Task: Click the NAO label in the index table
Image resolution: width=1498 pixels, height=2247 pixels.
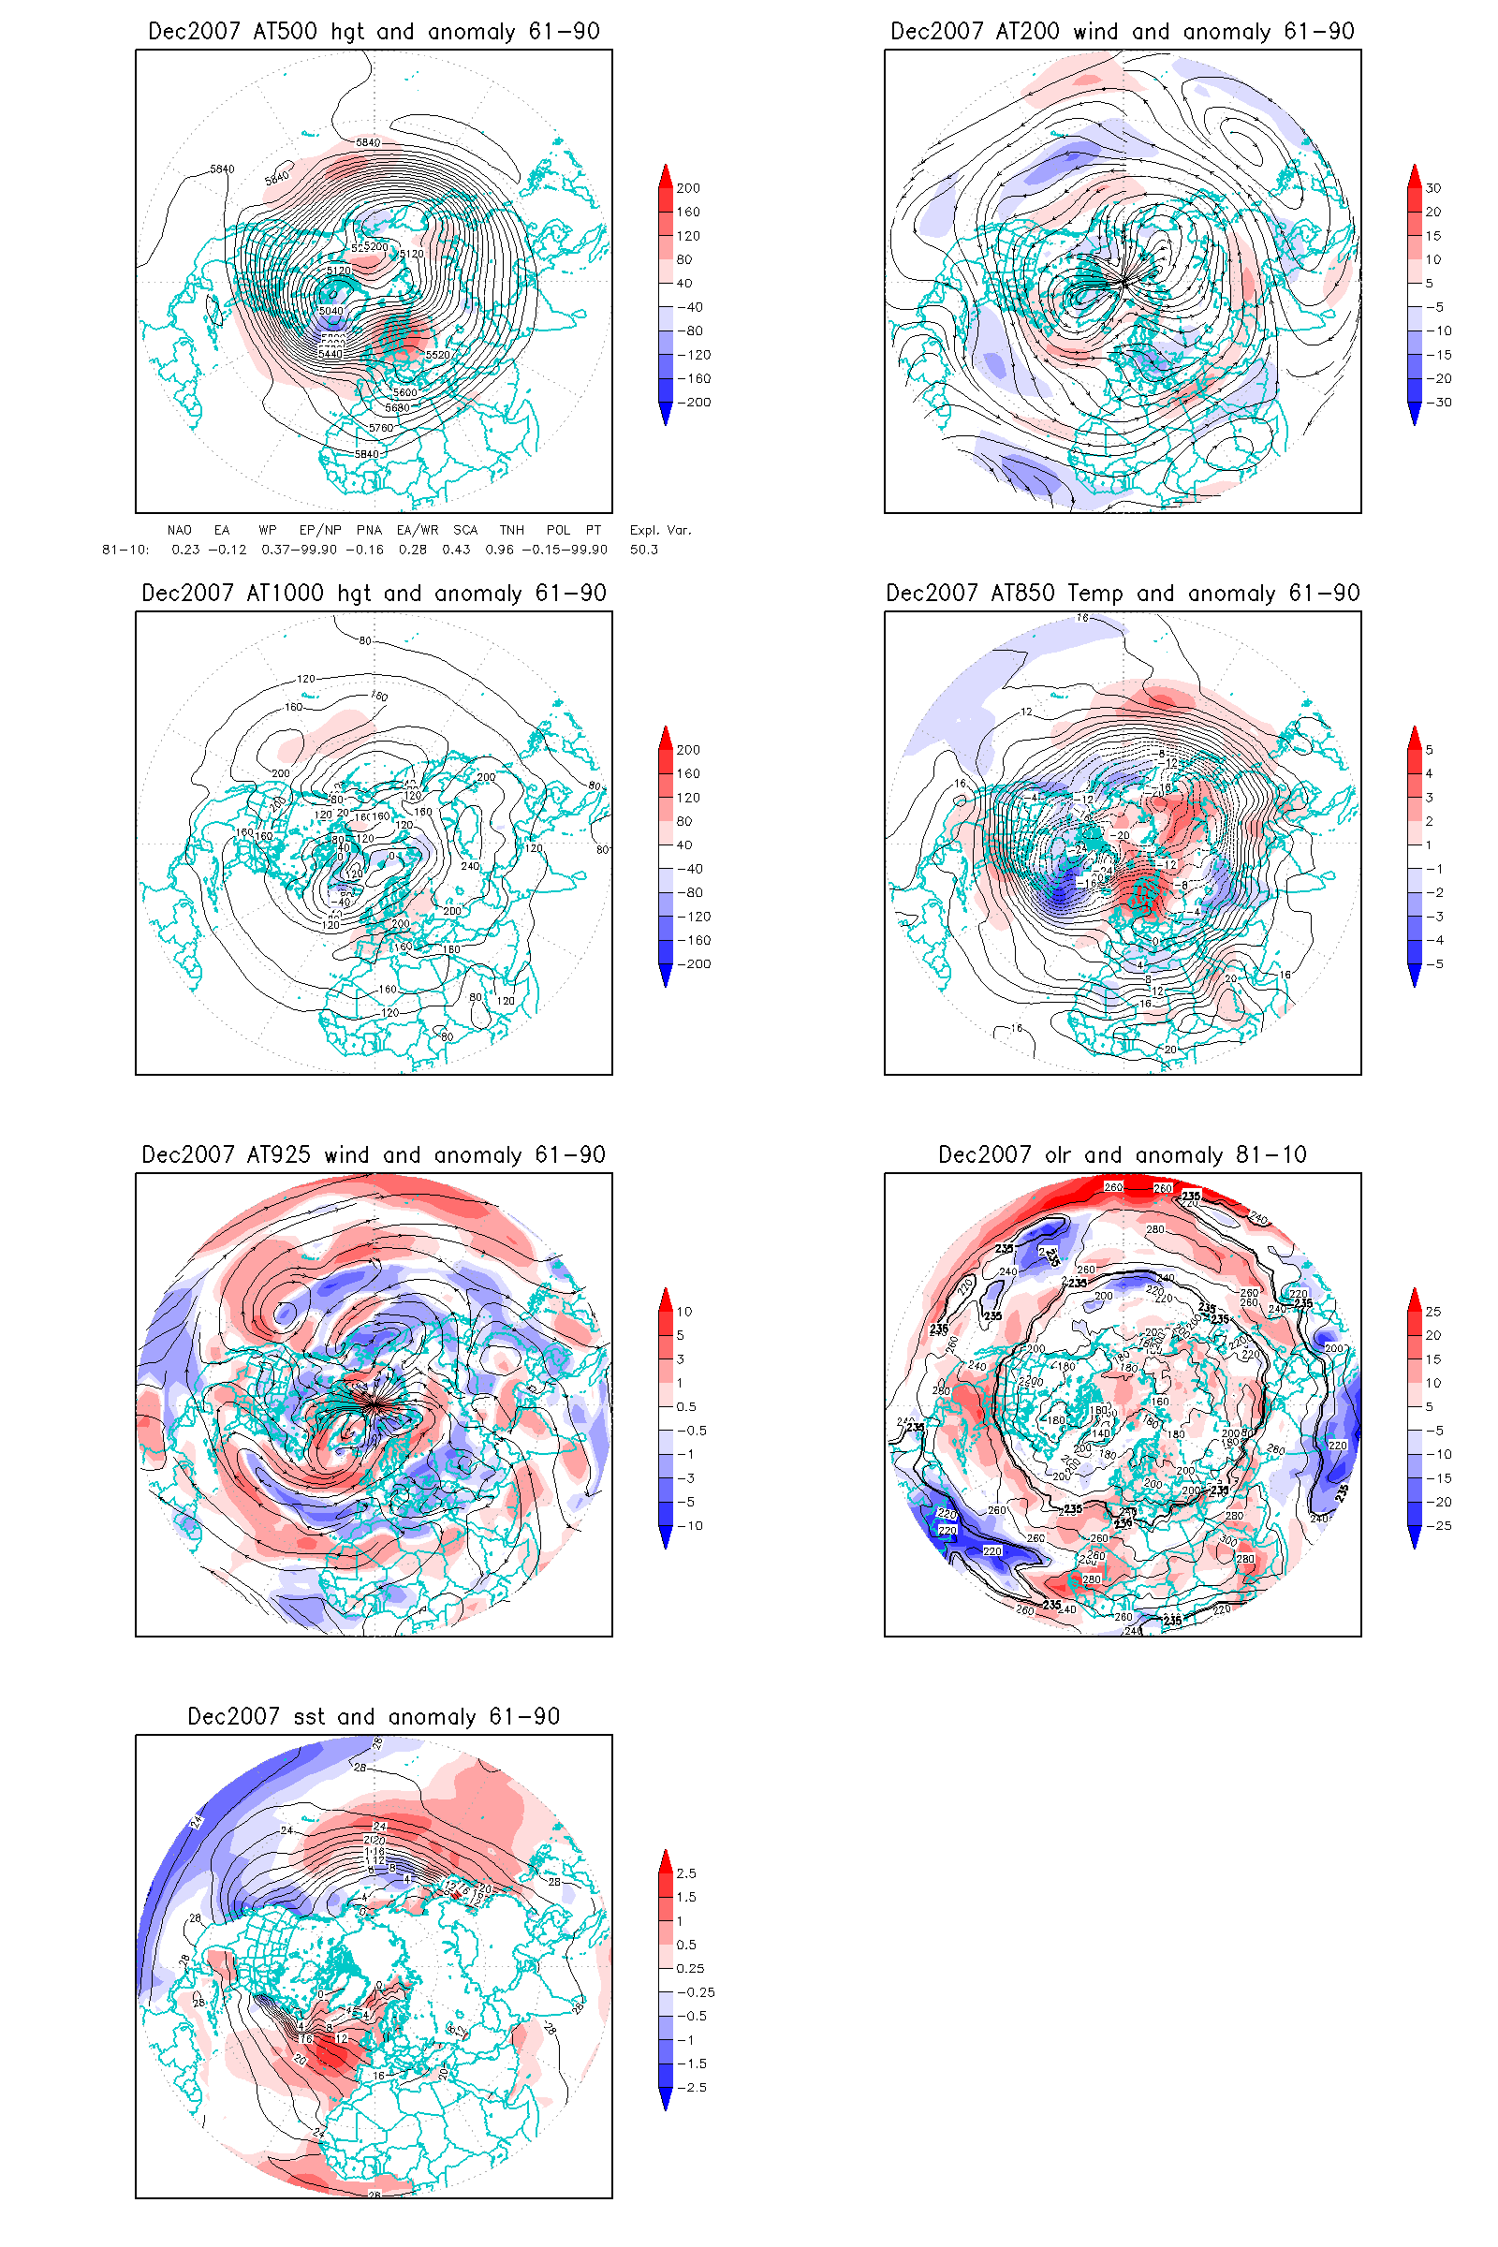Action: (x=179, y=530)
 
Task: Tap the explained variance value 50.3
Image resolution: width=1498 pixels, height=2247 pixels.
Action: (x=644, y=550)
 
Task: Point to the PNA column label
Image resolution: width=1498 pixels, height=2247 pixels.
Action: (x=369, y=530)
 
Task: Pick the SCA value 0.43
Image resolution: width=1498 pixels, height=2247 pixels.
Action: (x=456, y=550)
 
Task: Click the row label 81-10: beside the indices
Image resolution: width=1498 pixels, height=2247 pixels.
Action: (x=125, y=550)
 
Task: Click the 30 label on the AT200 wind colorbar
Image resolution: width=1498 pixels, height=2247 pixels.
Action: (x=1433, y=188)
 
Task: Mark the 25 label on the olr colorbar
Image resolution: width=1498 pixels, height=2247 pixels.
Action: (x=1433, y=1312)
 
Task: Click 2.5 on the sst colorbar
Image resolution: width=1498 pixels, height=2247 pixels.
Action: (x=686, y=1873)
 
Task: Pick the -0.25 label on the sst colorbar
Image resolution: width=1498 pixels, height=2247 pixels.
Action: (x=696, y=1993)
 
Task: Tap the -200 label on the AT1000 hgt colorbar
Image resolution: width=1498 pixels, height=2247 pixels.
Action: (x=694, y=964)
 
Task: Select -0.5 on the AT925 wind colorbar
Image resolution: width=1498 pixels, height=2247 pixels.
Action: (x=692, y=1431)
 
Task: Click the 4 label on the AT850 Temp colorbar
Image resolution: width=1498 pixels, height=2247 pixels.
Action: (x=1430, y=774)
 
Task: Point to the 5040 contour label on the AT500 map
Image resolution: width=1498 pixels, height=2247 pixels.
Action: (x=330, y=312)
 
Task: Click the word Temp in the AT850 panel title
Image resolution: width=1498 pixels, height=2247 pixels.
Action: (x=1094, y=594)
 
